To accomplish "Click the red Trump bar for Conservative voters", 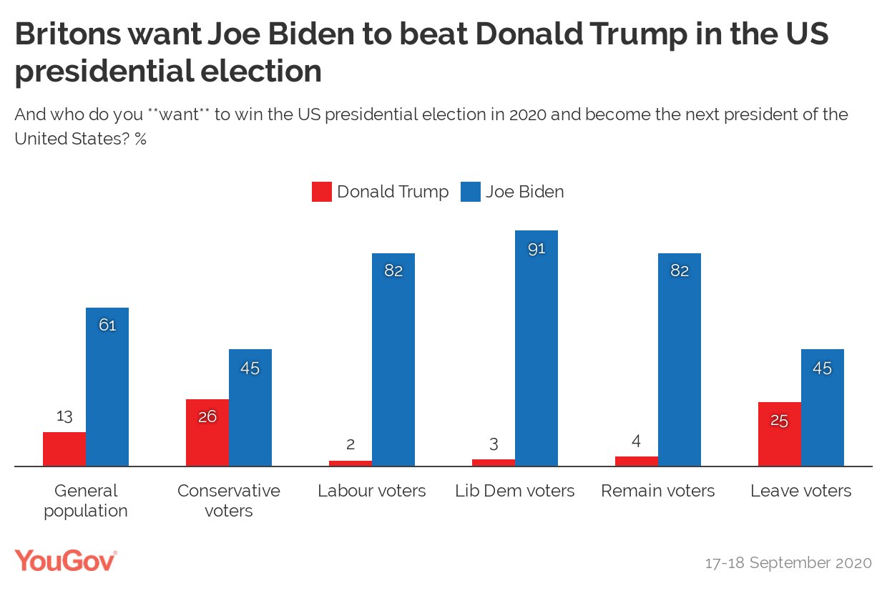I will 207,432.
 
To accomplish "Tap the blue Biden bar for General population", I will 107,387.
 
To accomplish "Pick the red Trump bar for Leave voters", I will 780,434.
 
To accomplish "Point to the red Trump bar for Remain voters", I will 637,461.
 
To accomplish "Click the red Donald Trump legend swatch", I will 322,192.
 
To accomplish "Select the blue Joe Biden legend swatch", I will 471,192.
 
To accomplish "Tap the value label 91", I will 536,249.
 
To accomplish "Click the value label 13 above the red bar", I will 64,416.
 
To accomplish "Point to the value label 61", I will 107,326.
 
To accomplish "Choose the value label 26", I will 207,416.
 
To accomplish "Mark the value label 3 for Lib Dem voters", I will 494,444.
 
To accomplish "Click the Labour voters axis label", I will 372,491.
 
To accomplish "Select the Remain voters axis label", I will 658,491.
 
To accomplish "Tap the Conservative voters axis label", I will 229,500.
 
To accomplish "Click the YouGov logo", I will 65,560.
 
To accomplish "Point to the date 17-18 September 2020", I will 788,563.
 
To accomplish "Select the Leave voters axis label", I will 801,491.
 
